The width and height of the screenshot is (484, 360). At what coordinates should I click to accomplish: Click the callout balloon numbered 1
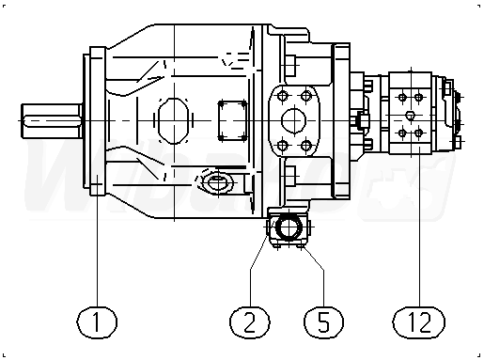(x=97, y=322)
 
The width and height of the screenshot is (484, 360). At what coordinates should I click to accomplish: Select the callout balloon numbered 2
(x=250, y=322)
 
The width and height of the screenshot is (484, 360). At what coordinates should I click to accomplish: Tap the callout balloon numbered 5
(x=323, y=322)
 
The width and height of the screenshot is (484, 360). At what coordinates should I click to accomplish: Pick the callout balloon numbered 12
(x=419, y=322)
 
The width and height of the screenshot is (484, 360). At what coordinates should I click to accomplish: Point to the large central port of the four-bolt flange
(x=293, y=120)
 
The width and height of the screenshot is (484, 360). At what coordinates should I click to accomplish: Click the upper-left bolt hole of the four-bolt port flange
(x=283, y=96)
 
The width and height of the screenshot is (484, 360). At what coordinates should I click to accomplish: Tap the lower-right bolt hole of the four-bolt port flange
(x=305, y=146)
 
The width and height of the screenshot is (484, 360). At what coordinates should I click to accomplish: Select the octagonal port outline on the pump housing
(x=174, y=121)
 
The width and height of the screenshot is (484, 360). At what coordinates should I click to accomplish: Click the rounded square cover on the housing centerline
(x=232, y=120)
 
